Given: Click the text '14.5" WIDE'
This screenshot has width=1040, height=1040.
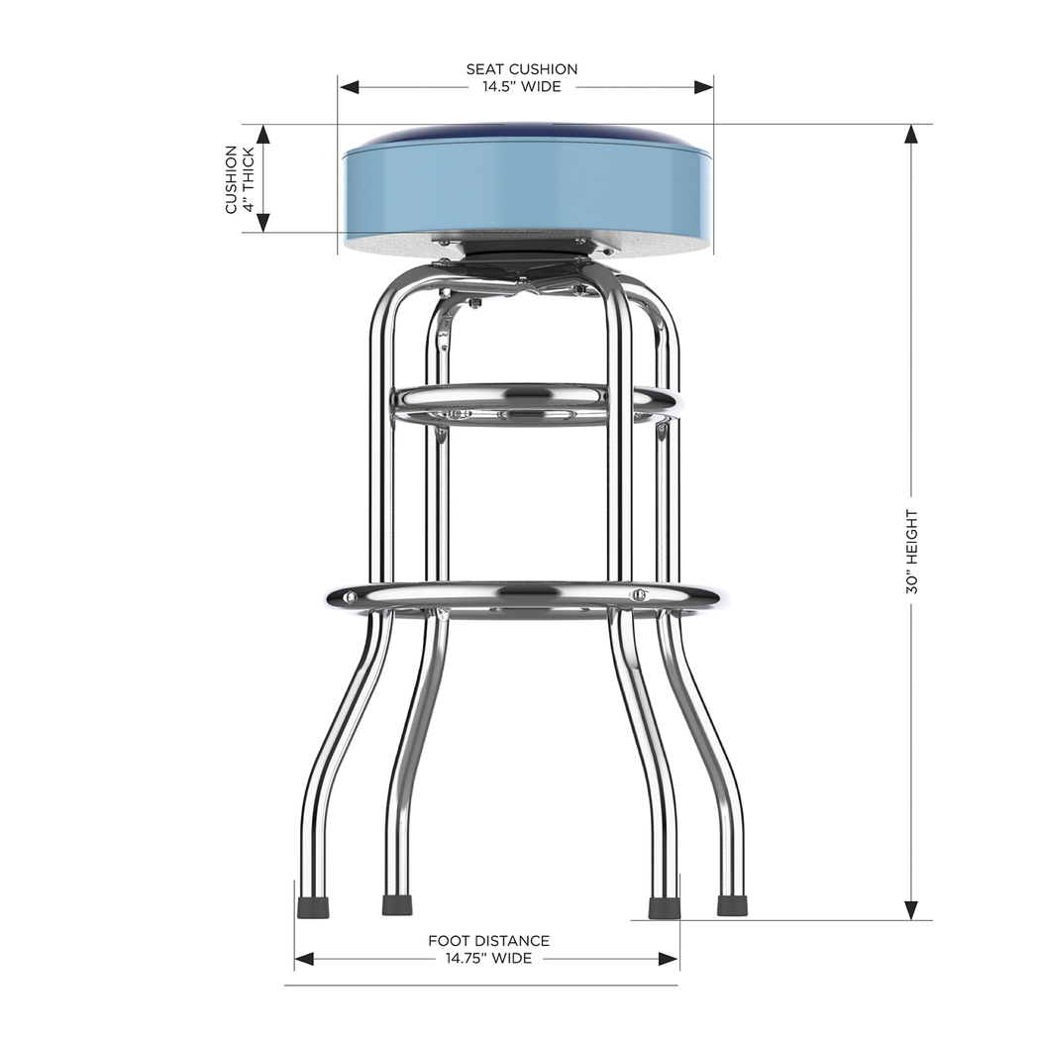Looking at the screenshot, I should [522, 86].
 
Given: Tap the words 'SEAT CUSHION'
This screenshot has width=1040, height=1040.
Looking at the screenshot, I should [522, 69].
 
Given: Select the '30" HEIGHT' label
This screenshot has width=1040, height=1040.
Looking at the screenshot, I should [912, 552].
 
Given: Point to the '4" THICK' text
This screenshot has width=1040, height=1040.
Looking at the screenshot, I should [249, 179].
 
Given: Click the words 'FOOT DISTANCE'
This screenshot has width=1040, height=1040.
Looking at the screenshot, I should [488, 941].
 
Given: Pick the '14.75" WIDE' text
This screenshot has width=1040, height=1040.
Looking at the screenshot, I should [488, 958].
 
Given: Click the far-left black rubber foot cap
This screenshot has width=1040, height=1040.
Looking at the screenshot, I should [314, 905].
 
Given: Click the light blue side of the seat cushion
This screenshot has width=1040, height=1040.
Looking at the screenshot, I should [525, 188].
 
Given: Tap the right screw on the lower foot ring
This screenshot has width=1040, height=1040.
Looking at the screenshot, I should [639, 595].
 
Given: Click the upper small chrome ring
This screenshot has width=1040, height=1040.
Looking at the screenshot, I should [534, 403].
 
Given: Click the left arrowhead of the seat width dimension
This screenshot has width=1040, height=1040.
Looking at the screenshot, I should [348, 87].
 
